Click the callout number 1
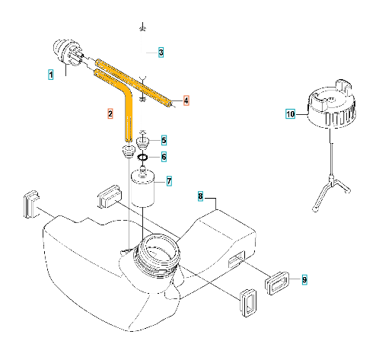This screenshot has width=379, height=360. click(51, 75)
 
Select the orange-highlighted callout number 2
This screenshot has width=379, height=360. click(110, 113)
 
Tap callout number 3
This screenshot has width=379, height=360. click(161, 53)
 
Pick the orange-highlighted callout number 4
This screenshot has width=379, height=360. click(186, 100)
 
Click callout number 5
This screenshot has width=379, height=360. click(164, 140)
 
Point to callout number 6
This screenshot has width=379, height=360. click(164, 157)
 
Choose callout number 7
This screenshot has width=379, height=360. click(169, 181)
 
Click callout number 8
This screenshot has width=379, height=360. click(200, 196)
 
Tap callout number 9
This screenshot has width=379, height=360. click(304, 279)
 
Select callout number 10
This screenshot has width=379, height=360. click(291, 113)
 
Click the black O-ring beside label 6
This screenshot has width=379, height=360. click(142, 158)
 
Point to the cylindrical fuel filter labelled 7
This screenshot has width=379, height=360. click(143, 189)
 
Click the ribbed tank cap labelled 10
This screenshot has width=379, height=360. click(331, 104)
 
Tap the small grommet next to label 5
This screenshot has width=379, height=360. click(142, 142)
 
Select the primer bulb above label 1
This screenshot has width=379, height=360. click(67, 53)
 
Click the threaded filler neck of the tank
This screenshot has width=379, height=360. click(158, 256)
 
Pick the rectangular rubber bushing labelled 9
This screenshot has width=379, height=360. click(277, 282)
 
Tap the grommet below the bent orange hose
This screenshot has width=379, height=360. click(129, 151)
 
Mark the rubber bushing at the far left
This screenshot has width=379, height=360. click(32, 204)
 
